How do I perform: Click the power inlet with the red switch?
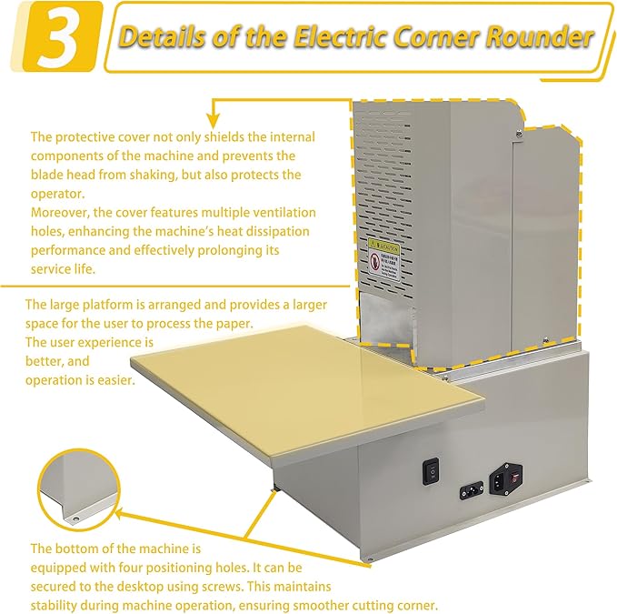pyautogui.click(x=505, y=477)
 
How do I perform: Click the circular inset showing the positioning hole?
pyautogui.click(x=78, y=490)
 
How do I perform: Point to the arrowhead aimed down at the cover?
pyautogui.click(x=214, y=119)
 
